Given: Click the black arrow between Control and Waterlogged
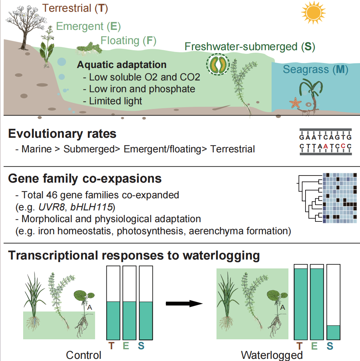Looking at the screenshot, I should (184, 303).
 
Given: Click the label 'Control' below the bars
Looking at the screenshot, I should (84, 355).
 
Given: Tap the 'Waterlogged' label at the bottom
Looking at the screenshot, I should (272, 355).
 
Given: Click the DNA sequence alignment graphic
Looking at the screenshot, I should (325, 142).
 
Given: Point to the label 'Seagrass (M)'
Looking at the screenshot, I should (315, 69).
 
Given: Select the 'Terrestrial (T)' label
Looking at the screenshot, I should (75, 8).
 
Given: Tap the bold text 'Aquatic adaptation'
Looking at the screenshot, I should (122, 65).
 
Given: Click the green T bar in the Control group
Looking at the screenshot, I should (114, 320).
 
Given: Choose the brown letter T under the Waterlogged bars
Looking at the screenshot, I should (300, 345).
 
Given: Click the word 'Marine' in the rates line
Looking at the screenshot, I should (37, 149).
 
